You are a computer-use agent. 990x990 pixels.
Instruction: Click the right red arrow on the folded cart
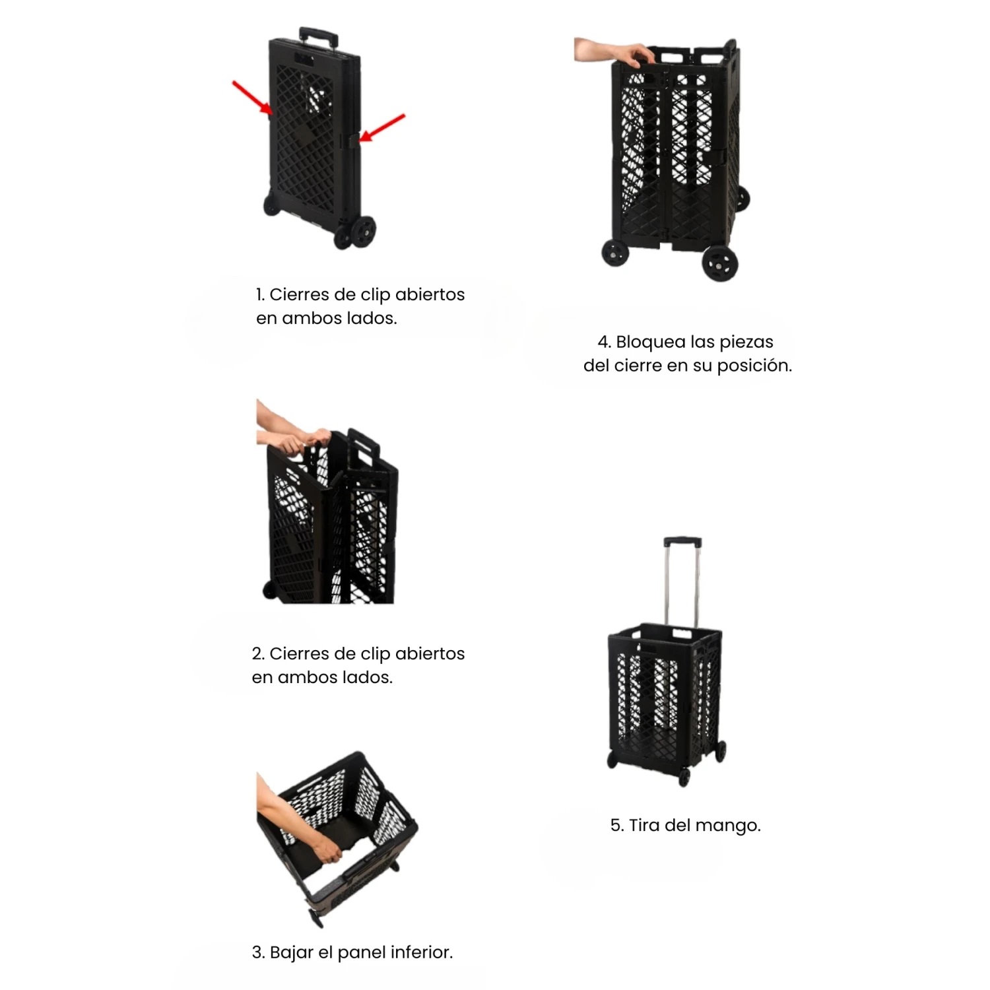(x=382, y=128)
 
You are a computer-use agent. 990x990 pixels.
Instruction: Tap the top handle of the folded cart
(x=319, y=34)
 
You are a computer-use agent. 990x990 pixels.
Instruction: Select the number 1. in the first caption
(x=260, y=294)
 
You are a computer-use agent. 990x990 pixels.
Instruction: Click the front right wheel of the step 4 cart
(x=719, y=263)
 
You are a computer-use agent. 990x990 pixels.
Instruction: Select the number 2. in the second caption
(x=258, y=653)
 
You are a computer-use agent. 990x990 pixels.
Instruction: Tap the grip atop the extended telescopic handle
(x=682, y=543)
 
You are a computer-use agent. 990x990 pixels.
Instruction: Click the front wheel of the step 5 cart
(x=684, y=777)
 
